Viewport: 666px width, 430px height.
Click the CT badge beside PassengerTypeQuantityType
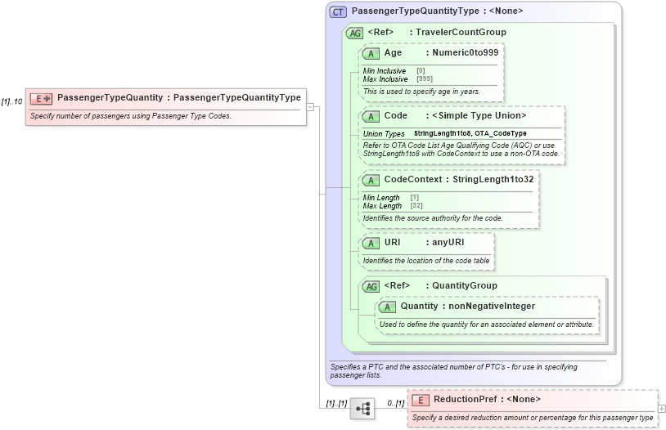(x=337, y=12)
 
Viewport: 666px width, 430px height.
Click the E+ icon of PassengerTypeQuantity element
(x=41, y=98)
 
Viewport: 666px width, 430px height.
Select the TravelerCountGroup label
(x=461, y=33)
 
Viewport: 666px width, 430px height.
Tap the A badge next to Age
(x=371, y=53)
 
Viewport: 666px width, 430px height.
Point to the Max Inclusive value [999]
(x=425, y=78)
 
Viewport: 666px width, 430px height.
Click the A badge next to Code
(x=371, y=116)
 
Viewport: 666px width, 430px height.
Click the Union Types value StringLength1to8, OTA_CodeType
(x=470, y=133)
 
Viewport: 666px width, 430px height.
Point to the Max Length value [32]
(x=416, y=205)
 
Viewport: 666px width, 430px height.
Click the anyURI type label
(x=448, y=243)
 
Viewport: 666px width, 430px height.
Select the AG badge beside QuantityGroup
(x=371, y=286)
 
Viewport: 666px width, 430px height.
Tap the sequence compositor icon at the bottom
(x=362, y=407)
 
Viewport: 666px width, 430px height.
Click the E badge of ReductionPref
(x=420, y=400)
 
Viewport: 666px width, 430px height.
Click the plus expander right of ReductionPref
(x=661, y=408)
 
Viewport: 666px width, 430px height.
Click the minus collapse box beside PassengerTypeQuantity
(x=310, y=106)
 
